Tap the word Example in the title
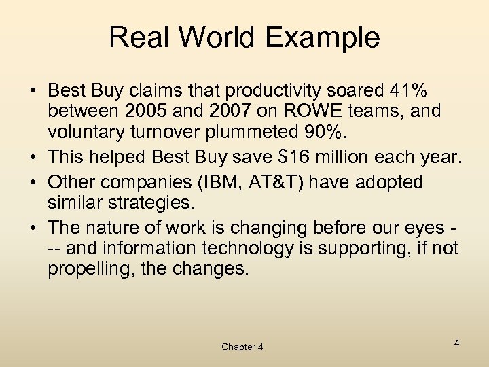(325, 38)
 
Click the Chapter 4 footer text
(242, 347)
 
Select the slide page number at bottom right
(457, 343)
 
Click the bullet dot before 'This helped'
(33, 158)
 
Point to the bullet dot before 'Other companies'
(33, 183)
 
